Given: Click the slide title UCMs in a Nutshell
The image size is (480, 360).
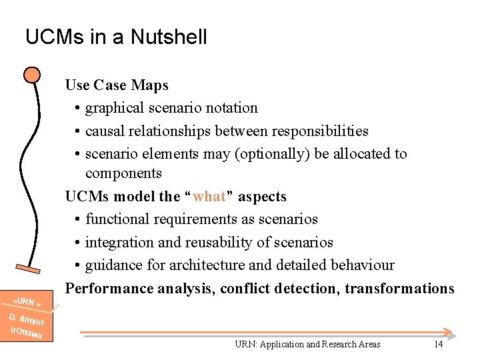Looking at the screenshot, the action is (x=116, y=37).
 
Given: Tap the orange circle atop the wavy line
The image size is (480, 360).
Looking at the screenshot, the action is (x=31, y=74).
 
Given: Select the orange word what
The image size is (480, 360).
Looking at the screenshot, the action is (x=209, y=197).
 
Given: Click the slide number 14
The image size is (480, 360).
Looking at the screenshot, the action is (x=438, y=344).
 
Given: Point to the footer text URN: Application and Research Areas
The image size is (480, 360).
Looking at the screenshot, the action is (x=307, y=345).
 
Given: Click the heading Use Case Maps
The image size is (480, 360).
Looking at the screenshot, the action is (x=117, y=85).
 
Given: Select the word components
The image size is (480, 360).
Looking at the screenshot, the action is (x=123, y=173).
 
